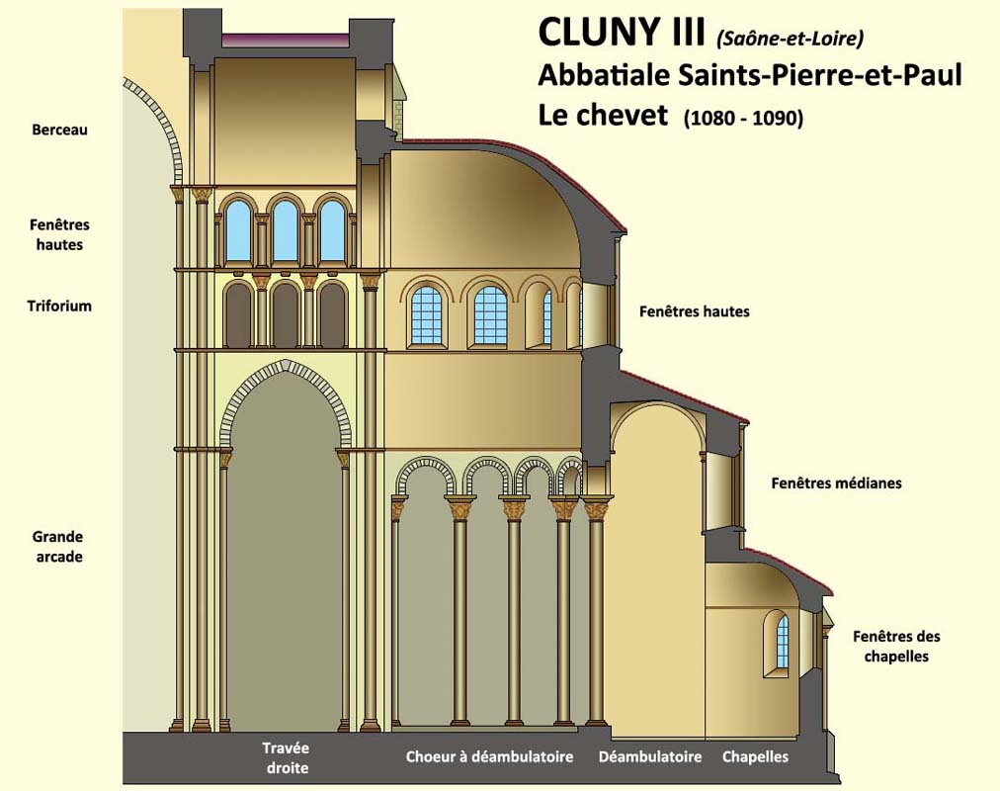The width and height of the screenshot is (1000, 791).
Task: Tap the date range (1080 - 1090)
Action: (743, 118)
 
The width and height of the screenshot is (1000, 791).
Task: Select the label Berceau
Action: (59, 130)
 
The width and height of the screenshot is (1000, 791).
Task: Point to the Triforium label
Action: (59, 306)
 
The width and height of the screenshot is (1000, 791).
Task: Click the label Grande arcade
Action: (57, 547)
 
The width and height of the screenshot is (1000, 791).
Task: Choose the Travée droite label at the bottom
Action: (286, 757)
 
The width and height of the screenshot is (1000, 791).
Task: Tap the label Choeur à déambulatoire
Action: (489, 757)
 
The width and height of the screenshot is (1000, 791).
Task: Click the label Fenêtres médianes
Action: (836, 483)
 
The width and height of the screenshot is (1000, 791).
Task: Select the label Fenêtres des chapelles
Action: (896, 646)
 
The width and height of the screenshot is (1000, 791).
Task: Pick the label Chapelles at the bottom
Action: (755, 757)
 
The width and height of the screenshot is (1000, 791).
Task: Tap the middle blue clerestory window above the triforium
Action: (284, 231)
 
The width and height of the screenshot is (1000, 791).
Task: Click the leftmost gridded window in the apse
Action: (426, 313)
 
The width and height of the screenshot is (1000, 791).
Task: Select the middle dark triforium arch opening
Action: (285, 315)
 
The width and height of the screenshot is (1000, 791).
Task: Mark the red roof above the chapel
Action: (791, 568)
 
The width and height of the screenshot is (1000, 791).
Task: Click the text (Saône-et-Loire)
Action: (791, 39)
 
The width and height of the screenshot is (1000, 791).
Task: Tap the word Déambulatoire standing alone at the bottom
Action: (650, 757)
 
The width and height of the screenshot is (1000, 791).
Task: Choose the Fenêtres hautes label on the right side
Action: (694, 311)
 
